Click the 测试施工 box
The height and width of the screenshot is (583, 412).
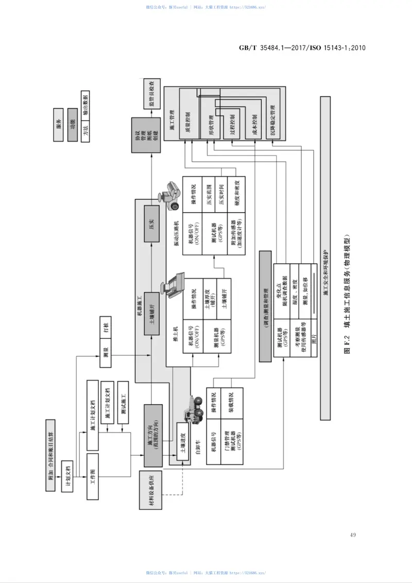(123, 402)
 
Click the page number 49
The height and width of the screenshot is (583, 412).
(353, 535)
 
